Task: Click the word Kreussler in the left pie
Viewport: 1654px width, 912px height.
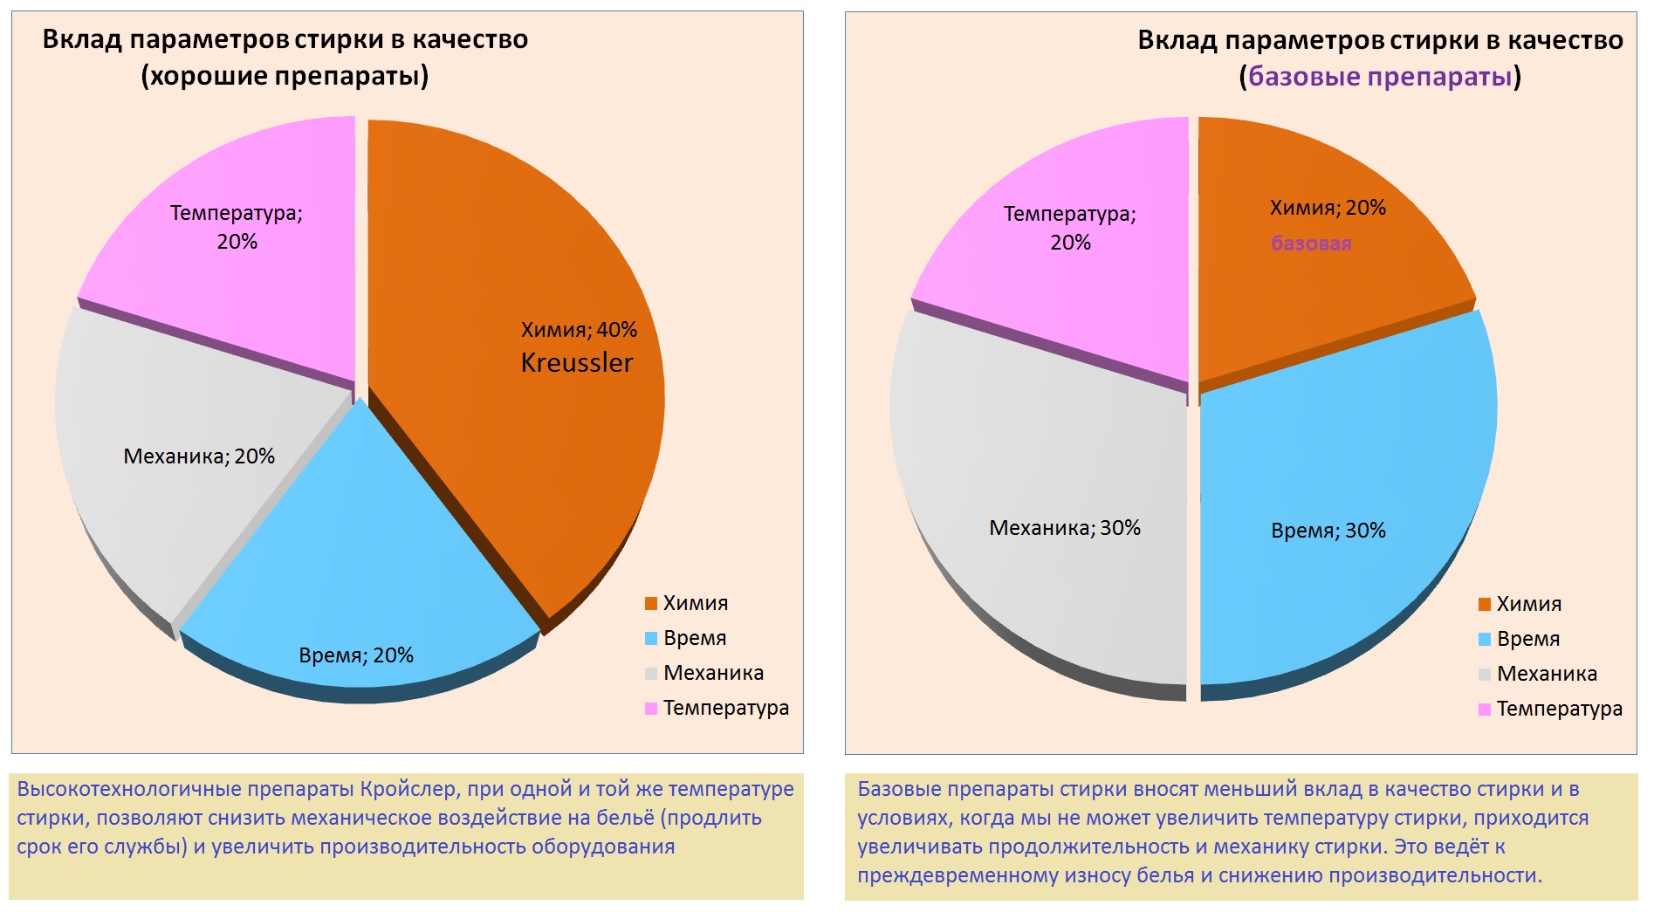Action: (x=576, y=362)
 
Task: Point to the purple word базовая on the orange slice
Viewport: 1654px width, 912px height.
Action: (x=1310, y=243)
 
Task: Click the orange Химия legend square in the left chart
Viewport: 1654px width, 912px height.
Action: (x=650, y=603)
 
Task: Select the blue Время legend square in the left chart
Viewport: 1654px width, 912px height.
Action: (x=650, y=638)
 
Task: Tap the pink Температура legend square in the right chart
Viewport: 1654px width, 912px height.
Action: (x=1484, y=709)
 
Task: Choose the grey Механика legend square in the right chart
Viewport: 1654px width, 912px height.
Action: (x=1484, y=674)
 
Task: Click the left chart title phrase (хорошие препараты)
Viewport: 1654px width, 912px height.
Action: (x=285, y=77)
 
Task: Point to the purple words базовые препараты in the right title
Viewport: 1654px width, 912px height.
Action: (x=1379, y=77)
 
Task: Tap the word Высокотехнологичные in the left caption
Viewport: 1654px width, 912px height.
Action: (x=128, y=789)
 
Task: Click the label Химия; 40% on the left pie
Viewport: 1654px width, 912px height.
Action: (x=579, y=330)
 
